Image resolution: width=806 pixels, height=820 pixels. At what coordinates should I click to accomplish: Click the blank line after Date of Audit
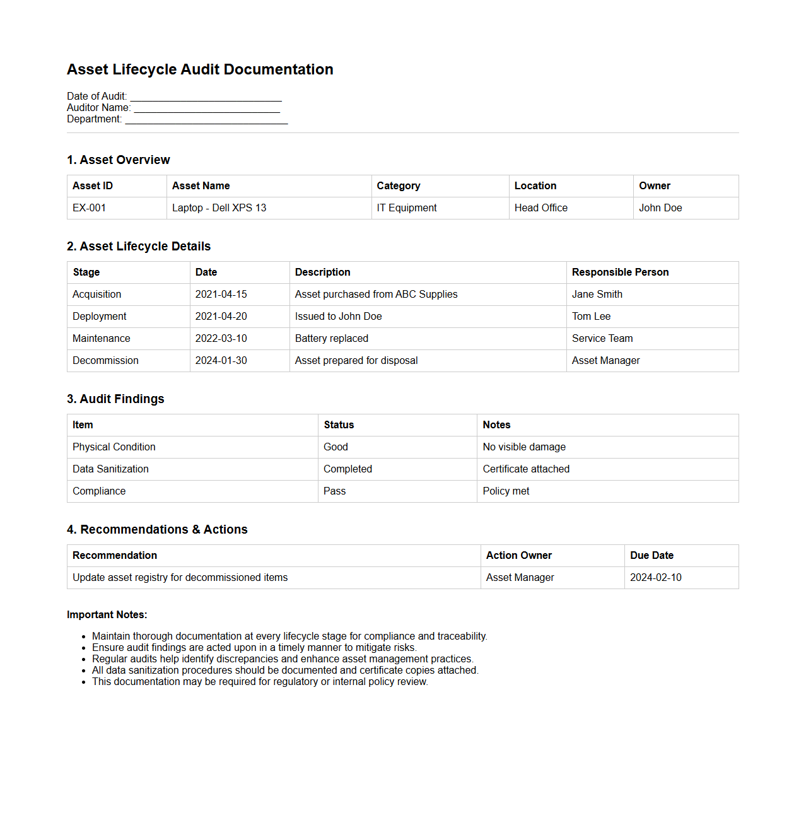(x=206, y=97)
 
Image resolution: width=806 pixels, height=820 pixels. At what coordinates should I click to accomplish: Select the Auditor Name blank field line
(x=207, y=108)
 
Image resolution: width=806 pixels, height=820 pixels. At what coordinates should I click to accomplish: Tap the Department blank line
(x=206, y=120)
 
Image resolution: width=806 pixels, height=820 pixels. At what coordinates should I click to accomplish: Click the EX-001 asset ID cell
(x=90, y=208)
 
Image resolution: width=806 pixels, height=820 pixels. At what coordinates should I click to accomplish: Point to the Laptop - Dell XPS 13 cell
(x=219, y=208)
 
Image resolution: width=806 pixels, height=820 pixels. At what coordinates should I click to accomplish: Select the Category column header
(x=398, y=186)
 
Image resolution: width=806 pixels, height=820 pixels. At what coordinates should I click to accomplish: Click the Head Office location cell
(x=540, y=208)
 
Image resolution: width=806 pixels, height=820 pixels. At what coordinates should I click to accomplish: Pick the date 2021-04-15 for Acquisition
(x=221, y=295)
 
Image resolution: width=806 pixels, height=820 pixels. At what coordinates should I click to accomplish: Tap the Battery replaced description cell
(x=331, y=339)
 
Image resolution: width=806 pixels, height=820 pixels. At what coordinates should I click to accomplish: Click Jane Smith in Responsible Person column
(x=597, y=295)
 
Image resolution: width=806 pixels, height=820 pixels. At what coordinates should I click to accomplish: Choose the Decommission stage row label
(x=105, y=361)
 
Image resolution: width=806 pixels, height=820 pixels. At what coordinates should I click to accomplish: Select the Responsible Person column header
(x=620, y=272)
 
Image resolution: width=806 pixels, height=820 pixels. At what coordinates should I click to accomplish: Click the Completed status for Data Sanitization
(x=348, y=469)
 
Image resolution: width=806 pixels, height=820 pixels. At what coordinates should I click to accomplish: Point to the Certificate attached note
(x=526, y=469)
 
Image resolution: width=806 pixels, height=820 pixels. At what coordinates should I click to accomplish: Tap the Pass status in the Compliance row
(x=334, y=491)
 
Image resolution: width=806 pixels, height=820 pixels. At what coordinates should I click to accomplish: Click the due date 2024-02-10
(x=655, y=578)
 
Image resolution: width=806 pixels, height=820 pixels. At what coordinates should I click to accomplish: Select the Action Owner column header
(x=518, y=556)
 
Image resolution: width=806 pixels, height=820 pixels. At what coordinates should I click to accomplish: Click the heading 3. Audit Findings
(x=115, y=399)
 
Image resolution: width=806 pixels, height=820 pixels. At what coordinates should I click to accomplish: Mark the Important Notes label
(x=107, y=615)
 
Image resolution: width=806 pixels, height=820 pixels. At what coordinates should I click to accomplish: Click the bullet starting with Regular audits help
(x=283, y=659)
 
